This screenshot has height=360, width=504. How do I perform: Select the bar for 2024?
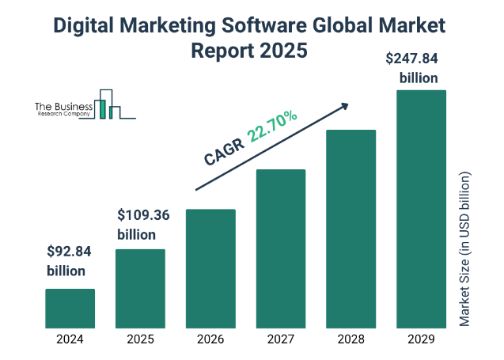click(70, 308)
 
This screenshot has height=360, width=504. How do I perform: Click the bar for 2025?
click(140, 288)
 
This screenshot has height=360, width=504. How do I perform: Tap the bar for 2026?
click(210, 268)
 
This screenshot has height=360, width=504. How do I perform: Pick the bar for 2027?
click(280, 248)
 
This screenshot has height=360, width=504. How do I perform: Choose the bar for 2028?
click(351, 228)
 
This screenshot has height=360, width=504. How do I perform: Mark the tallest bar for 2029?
click(421, 208)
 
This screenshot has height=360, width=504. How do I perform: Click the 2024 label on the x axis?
click(70, 340)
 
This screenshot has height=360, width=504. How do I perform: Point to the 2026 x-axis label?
click(210, 340)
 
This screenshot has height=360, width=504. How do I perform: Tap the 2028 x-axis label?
click(351, 340)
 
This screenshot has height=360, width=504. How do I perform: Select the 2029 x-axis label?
click(421, 340)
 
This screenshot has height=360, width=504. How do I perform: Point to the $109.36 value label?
click(143, 214)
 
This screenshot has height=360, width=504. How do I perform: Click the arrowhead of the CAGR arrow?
click(345, 104)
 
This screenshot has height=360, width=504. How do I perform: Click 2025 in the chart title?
click(279, 51)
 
